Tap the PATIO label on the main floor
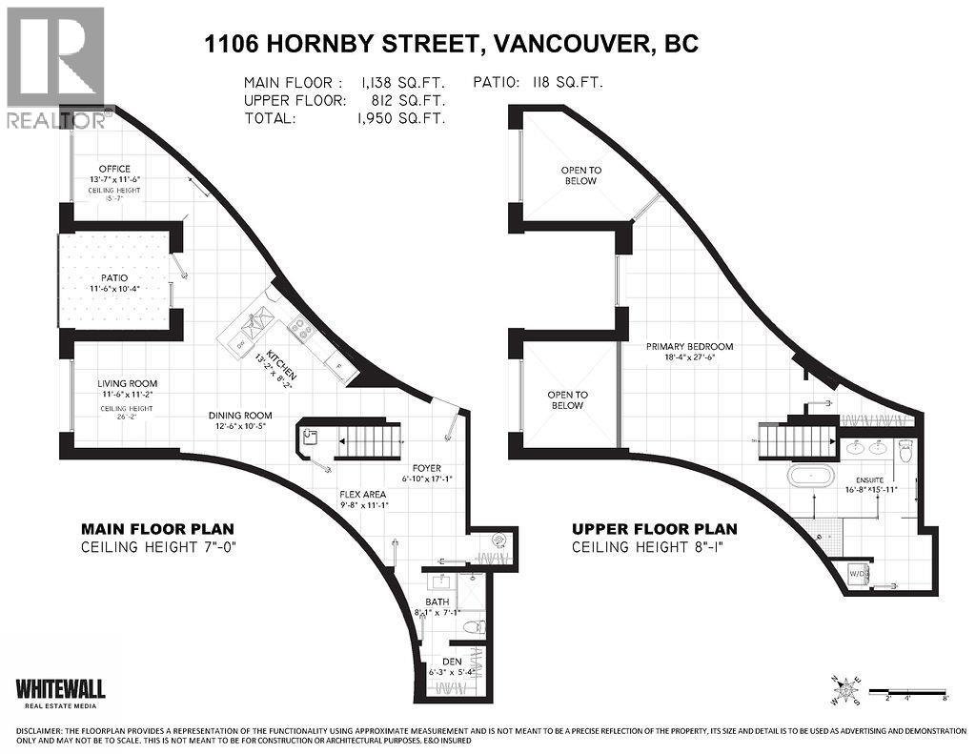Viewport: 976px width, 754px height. pos(109,277)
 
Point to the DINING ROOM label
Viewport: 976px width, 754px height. pos(241,415)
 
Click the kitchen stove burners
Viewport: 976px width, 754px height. pos(300,330)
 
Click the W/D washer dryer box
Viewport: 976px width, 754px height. pos(860,575)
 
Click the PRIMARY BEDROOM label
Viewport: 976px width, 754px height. pos(689,346)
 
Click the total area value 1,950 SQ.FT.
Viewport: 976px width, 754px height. pos(407,119)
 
